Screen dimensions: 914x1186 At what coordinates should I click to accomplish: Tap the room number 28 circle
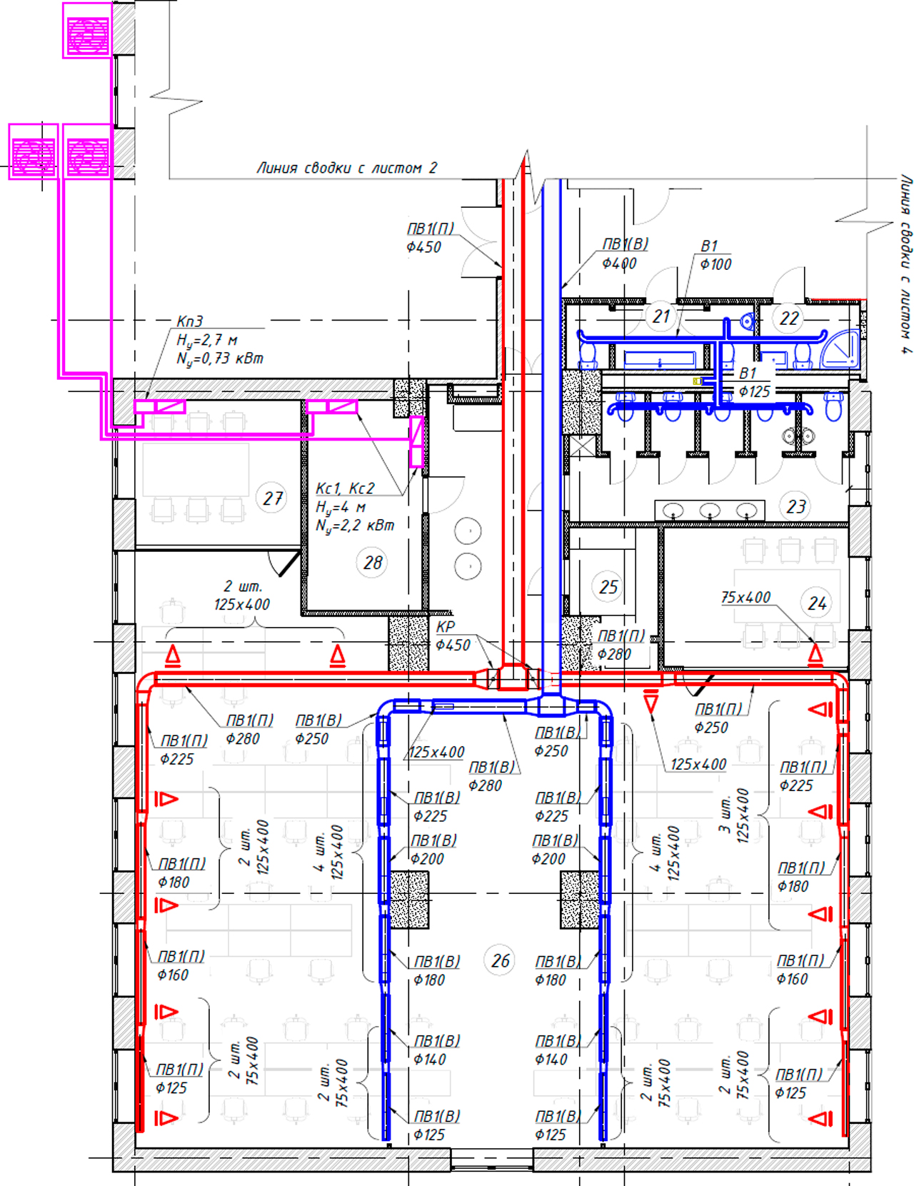(373, 562)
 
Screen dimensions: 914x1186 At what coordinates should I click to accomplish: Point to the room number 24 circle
(817, 603)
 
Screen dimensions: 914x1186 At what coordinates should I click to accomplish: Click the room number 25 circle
(608, 587)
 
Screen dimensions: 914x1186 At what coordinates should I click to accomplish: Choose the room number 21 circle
(661, 316)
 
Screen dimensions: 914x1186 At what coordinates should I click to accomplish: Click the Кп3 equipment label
(189, 321)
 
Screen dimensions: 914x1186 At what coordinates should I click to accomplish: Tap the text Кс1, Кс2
(346, 488)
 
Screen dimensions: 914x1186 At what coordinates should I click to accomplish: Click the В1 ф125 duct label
(754, 382)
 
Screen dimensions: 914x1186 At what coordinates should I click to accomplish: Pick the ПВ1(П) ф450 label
(431, 238)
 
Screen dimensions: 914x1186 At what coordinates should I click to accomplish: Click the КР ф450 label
(453, 636)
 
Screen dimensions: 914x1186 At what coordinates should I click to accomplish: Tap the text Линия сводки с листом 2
(347, 168)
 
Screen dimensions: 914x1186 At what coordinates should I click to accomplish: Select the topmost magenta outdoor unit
(88, 30)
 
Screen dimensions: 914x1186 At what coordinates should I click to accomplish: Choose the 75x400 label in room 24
(745, 597)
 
